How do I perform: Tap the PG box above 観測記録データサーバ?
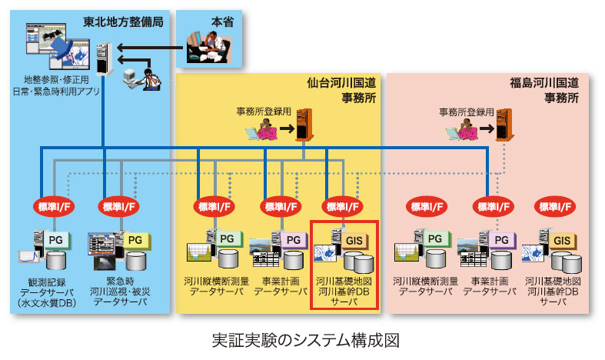pos(56,238)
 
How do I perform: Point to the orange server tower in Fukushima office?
pos(504,125)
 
